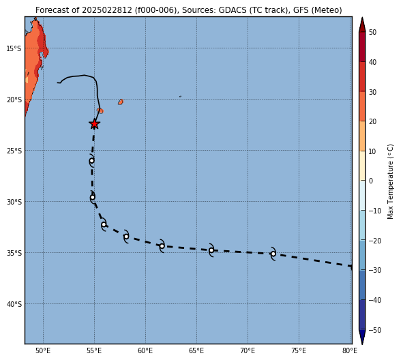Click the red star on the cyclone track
94,124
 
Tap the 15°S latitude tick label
14,48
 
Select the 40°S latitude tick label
14,304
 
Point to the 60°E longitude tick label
145,350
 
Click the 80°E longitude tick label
350,350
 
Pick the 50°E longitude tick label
43,350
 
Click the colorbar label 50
372,32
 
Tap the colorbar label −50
375,330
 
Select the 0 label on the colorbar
371,181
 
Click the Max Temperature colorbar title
390,181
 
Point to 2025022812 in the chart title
107,10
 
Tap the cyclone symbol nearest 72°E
273,254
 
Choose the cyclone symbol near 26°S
92,161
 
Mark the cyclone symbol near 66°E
211,250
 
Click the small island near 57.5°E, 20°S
121,102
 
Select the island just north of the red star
100,110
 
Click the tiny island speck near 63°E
181,96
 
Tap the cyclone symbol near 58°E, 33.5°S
126,237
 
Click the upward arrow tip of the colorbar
362,18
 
